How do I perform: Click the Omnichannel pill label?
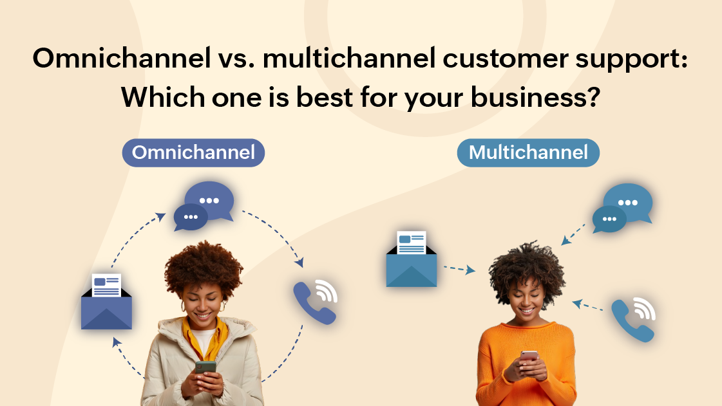(x=193, y=153)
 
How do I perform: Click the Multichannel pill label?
(x=528, y=153)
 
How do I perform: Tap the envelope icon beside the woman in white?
(x=106, y=302)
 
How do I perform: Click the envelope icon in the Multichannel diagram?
(x=411, y=260)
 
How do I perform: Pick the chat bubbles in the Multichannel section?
(x=622, y=207)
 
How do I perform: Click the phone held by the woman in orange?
(x=529, y=356)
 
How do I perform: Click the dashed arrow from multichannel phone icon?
(x=587, y=305)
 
